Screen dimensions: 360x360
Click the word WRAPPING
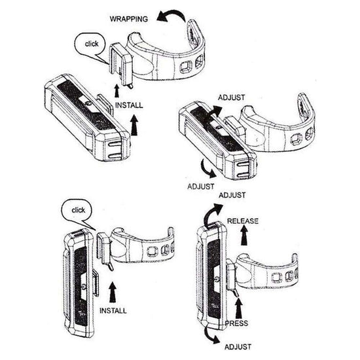coord(129,19)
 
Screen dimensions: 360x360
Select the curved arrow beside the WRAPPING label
coord(172,14)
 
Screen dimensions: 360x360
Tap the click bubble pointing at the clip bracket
coord(90,46)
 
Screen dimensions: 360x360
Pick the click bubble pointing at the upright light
coord(77,212)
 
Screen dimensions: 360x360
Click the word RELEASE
coord(243,221)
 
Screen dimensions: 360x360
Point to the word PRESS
coord(236,323)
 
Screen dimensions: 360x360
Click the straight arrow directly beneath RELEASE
coord(244,236)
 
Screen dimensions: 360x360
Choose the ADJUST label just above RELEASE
coord(232,196)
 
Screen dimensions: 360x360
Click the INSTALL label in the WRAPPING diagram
coord(129,105)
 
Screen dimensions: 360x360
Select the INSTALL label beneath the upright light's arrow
coord(113,311)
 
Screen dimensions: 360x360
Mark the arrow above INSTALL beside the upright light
coord(113,292)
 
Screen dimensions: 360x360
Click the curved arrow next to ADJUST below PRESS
coord(211,335)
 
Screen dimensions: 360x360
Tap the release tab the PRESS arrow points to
coord(236,293)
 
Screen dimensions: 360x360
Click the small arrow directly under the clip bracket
coord(117,91)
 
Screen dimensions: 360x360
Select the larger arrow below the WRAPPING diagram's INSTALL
coord(135,125)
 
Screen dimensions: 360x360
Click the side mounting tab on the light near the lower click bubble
coord(96,283)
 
